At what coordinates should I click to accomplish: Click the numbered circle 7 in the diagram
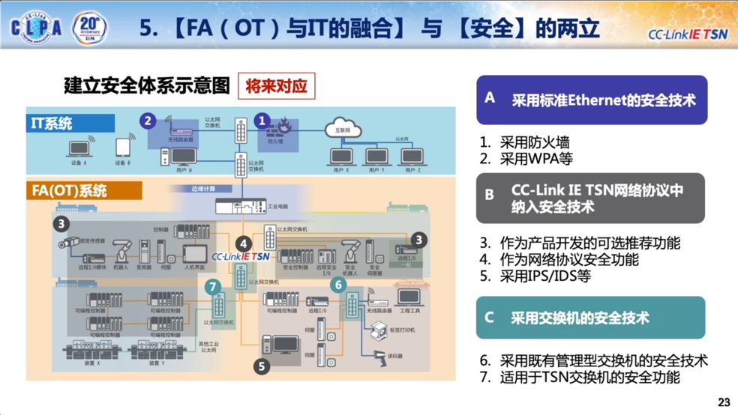214,286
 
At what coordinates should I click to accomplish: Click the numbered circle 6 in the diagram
338,285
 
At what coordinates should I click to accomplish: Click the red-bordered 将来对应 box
277,86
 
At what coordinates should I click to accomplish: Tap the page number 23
724,402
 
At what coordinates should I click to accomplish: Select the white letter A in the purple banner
490,97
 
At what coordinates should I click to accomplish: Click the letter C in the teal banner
489,317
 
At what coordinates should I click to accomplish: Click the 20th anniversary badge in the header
88,27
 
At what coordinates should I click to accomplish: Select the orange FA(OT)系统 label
84,190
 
